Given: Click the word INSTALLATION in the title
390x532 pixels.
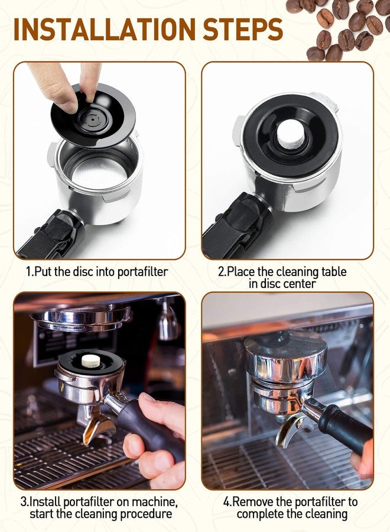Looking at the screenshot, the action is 105,29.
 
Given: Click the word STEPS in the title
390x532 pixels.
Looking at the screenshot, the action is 243,29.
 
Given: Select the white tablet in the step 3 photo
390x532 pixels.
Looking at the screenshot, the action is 92,361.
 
